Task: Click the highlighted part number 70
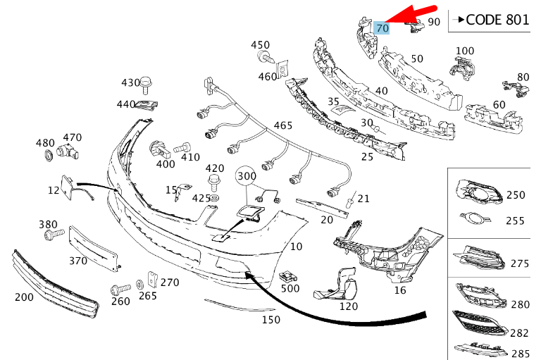pyautogui.click(x=383, y=28)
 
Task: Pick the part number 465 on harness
pyautogui.click(x=282, y=125)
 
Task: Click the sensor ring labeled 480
pyautogui.click(x=47, y=156)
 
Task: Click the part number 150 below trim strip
pyautogui.click(x=270, y=320)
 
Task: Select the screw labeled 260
pyautogui.click(x=120, y=290)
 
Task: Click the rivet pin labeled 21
pyautogui.click(x=350, y=201)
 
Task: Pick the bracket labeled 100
pyautogui.click(x=461, y=68)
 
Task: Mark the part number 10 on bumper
pyautogui.click(x=296, y=247)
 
